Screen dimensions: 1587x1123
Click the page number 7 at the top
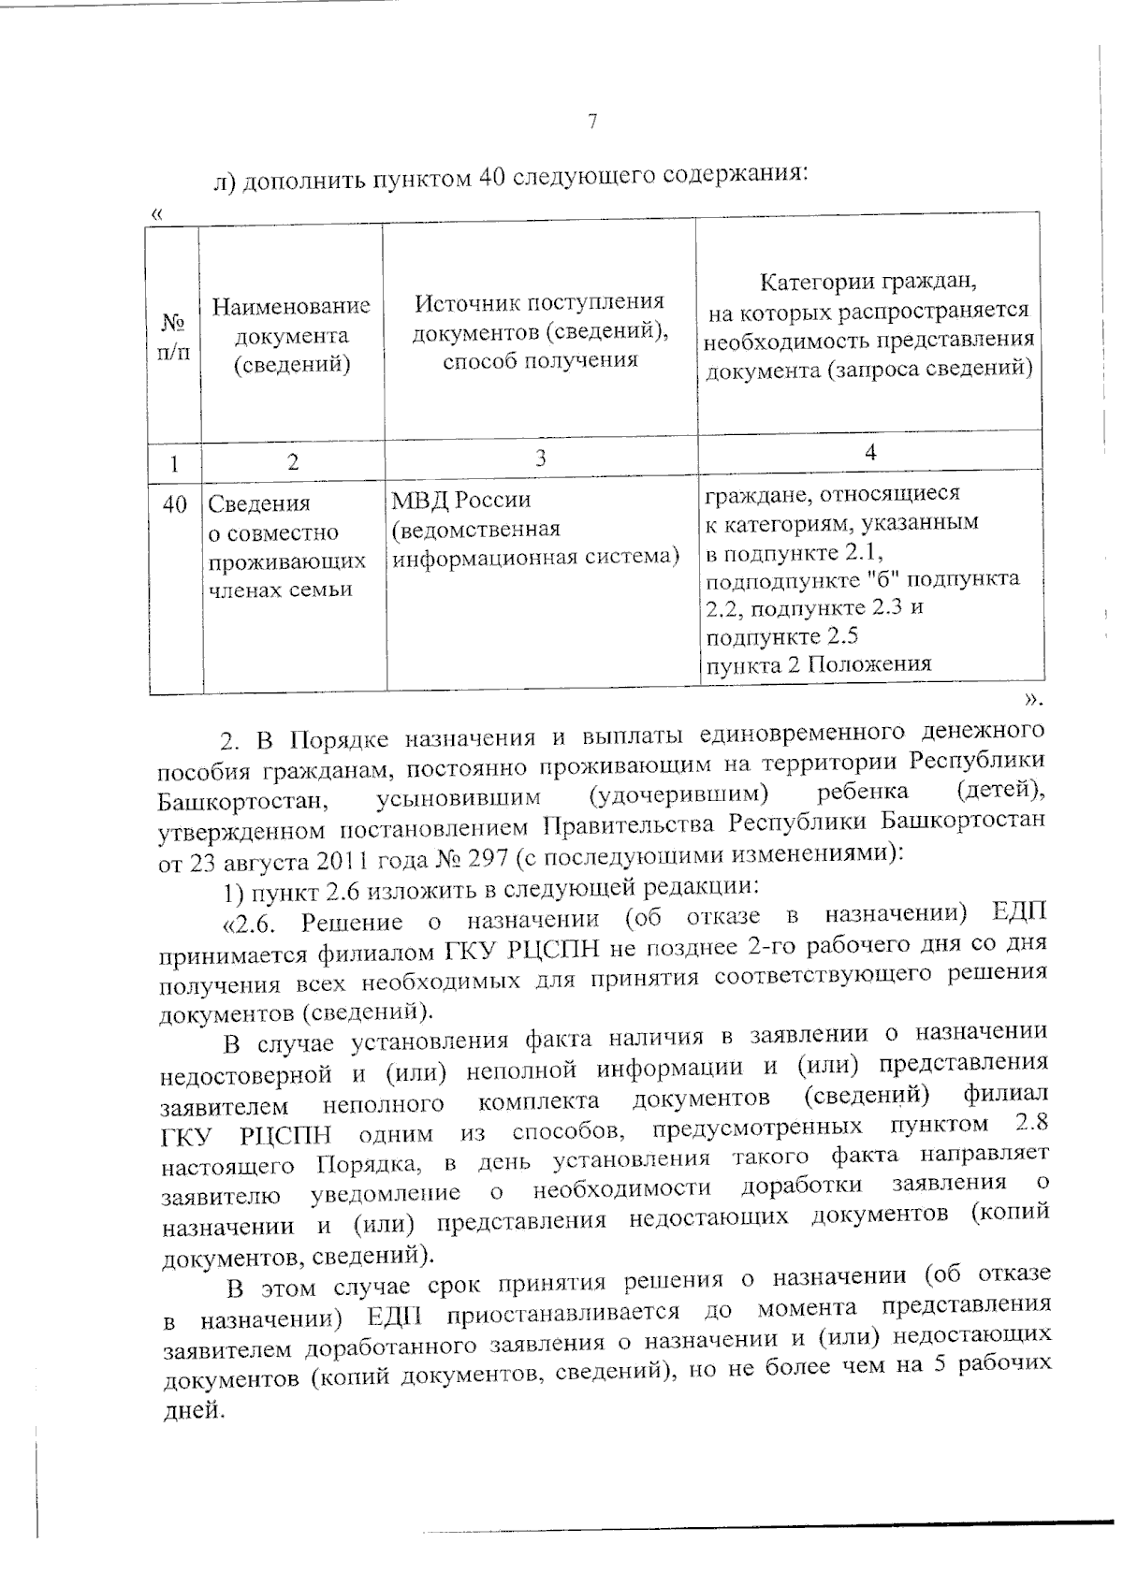[591, 122]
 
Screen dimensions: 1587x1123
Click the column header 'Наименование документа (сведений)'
[291, 335]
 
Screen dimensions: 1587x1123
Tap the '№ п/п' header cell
[173, 336]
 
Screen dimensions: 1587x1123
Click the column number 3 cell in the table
[540, 459]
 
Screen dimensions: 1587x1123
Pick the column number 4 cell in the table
[870, 453]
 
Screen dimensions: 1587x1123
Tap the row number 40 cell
[174, 504]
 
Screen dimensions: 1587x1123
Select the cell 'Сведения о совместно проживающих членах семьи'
[286, 546]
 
